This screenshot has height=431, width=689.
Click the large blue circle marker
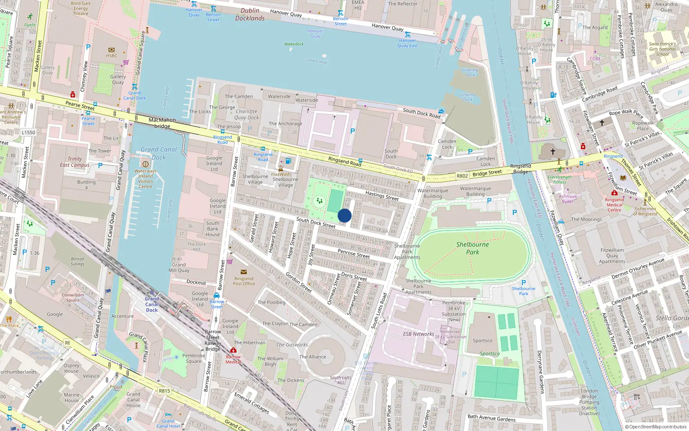344,215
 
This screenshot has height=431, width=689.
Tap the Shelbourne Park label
472,248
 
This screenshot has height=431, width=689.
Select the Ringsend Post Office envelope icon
244,272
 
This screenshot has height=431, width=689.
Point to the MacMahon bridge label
162,123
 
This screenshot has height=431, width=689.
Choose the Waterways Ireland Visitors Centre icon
146,164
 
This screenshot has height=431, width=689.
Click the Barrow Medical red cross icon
233,350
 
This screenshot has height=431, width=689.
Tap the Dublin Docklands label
250,14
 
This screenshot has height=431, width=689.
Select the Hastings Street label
382,196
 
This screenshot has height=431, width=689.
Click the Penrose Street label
354,253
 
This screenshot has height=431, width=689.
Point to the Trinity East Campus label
74,162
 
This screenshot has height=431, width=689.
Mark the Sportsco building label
482,340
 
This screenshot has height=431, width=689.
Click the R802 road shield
462,176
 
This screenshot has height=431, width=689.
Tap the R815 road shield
164,391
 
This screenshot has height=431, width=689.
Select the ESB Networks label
418,334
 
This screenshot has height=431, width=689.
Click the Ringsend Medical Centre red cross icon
614,193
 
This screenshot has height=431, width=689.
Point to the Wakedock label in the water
294,44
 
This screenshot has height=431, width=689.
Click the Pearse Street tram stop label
88,121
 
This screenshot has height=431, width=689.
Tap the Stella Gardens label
671,318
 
